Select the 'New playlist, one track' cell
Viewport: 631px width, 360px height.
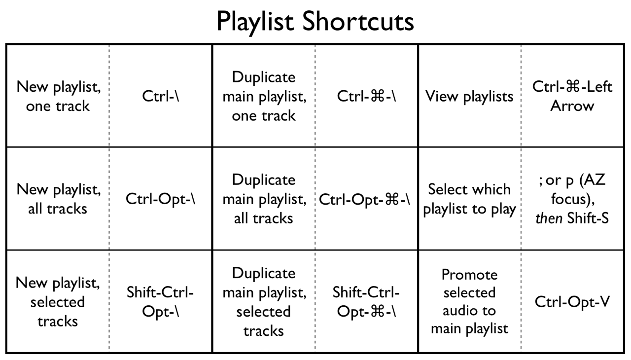(x=58, y=96)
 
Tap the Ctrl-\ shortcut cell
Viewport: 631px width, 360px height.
(x=161, y=96)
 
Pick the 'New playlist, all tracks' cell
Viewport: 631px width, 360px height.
(x=58, y=199)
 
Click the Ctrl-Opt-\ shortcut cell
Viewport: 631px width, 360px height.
(x=161, y=199)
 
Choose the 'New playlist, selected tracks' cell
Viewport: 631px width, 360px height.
(x=58, y=302)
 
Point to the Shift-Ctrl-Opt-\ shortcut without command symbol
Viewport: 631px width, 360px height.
(x=161, y=302)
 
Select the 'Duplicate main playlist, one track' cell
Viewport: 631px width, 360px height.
(x=264, y=96)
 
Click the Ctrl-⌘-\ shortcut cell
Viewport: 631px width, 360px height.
(x=367, y=96)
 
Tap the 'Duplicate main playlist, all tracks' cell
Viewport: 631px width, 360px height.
(x=264, y=199)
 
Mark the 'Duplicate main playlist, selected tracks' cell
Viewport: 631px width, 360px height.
(x=264, y=302)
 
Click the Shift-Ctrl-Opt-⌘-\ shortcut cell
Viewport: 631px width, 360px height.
(x=367, y=302)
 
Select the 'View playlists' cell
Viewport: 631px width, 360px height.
(x=469, y=96)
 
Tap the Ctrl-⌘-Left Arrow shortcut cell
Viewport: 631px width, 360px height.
(x=572, y=96)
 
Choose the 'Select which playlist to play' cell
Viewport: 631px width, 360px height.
(x=469, y=199)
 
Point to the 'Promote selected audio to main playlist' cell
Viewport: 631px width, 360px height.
(x=469, y=302)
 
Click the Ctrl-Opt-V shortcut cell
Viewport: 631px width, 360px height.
(x=572, y=302)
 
